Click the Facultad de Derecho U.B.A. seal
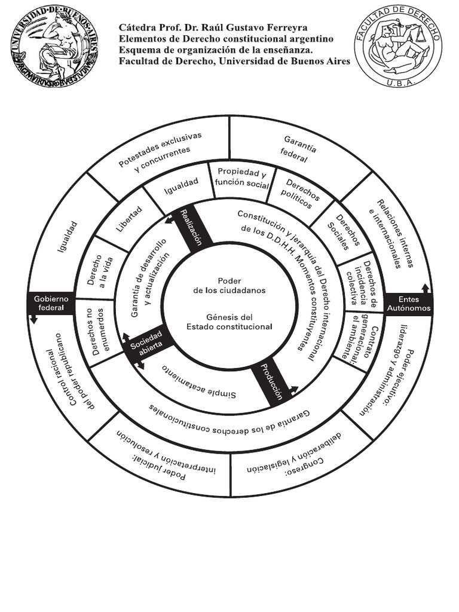coord(398,46)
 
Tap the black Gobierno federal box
coord(51,303)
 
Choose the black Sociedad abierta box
coord(146,346)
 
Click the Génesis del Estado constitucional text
coord(229,322)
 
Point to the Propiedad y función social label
coord(241,178)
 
